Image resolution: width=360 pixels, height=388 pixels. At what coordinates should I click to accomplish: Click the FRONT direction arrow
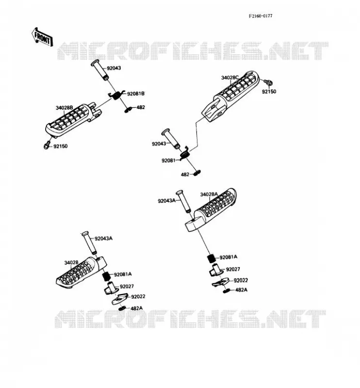coord(42,37)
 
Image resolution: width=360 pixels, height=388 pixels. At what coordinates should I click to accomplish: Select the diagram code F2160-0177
coord(261,16)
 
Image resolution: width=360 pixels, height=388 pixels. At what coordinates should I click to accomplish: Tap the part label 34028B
coord(64,108)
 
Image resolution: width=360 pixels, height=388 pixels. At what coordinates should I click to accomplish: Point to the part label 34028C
coord(230,78)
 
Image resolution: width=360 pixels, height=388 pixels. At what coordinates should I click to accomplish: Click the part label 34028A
coord(209,194)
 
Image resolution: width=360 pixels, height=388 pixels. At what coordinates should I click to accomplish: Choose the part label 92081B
coord(135,94)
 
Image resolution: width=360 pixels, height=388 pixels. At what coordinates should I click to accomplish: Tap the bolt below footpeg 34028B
coord(47,145)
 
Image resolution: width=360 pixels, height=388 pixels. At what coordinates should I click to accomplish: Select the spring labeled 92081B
coord(117,95)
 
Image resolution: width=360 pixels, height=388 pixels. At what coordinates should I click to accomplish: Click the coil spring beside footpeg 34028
coord(106,276)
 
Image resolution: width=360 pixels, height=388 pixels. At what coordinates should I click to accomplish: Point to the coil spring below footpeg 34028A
coord(212,259)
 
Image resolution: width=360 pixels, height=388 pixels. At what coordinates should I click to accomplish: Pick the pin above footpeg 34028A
coord(183,201)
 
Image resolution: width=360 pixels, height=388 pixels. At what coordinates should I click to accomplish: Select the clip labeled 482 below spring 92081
coord(196,174)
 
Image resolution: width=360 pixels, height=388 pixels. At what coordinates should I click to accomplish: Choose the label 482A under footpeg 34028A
coord(241,290)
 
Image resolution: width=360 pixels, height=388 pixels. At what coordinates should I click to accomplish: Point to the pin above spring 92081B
coord(100,70)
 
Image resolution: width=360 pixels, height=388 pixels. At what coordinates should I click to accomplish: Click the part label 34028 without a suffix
coord(71,262)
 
